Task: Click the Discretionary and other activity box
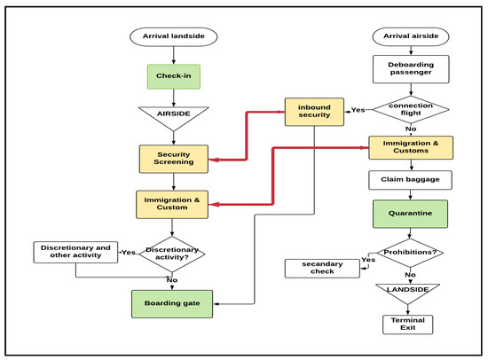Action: coord(74,253)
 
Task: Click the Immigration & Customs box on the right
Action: coord(411,148)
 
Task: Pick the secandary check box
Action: coord(320,267)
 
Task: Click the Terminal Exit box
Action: coord(407,324)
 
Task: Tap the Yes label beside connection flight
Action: coord(358,111)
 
